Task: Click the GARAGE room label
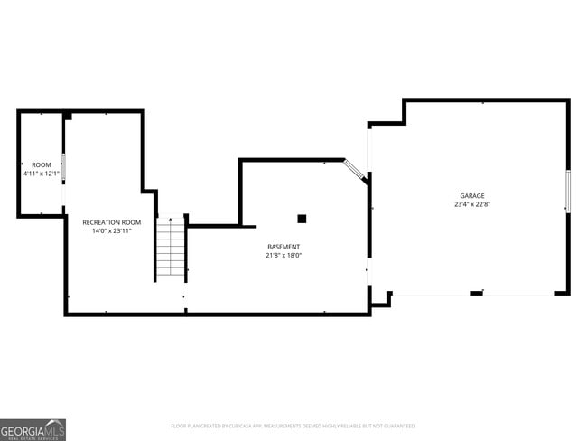pyautogui.click(x=471, y=195)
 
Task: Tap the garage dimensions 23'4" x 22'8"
pyautogui.click(x=471, y=204)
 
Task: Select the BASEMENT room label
pyautogui.click(x=284, y=247)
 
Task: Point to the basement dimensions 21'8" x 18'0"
pyautogui.click(x=284, y=256)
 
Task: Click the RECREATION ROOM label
pyautogui.click(x=112, y=222)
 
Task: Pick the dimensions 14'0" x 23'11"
pyautogui.click(x=112, y=231)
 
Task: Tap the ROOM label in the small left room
pyautogui.click(x=42, y=164)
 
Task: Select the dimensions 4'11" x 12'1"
pyautogui.click(x=42, y=174)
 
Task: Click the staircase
pyautogui.click(x=170, y=249)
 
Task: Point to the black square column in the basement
pyautogui.click(x=302, y=218)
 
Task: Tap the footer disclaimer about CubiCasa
pyautogui.click(x=293, y=426)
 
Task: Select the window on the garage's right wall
pyautogui.click(x=567, y=191)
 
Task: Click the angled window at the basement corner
pyautogui.click(x=356, y=171)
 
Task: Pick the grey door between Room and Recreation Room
pyautogui.click(x=64, y=168)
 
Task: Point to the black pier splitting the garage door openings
pyautogui.click(x=476, y=293)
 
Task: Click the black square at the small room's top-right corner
pyautogui.click(x=68, y=115)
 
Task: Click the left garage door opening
pyautogui.click(x=431, y=294)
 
